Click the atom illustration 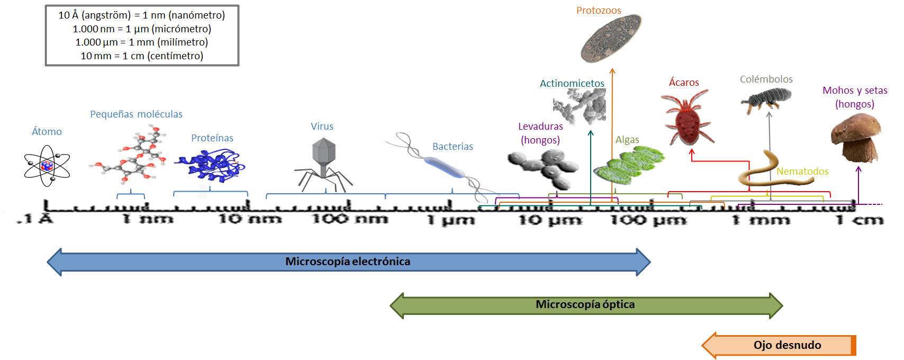point(47,166)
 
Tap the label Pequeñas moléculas point(136,114)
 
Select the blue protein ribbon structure point(209,164)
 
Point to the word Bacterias point(453,147)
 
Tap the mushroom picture point(855,139)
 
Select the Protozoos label point(599,11)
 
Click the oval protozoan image point(611,38)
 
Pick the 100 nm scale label point(349,218)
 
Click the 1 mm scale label point(761,220)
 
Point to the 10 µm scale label point(550,220)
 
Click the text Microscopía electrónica point(348,262)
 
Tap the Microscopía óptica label point(585,304)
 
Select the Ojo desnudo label point(787,345)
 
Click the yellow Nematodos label point(802,172)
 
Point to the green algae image point(629,165)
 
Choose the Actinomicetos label point(572,84)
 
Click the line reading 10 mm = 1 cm point(142,56)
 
